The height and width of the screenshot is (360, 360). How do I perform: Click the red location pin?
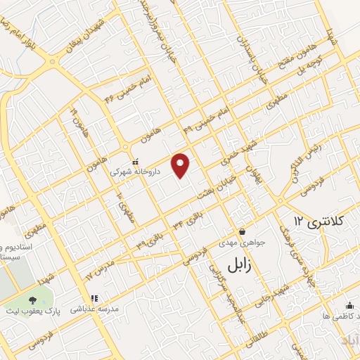[181, 165]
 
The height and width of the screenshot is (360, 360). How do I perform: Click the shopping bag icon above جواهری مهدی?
[242, 231]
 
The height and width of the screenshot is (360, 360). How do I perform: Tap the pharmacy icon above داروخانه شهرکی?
[135, 161]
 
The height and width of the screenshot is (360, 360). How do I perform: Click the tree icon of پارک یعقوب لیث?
[33, 301]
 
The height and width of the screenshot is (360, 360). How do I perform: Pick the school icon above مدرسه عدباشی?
[94, 298]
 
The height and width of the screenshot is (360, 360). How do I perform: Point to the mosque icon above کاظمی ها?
[349, 304]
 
